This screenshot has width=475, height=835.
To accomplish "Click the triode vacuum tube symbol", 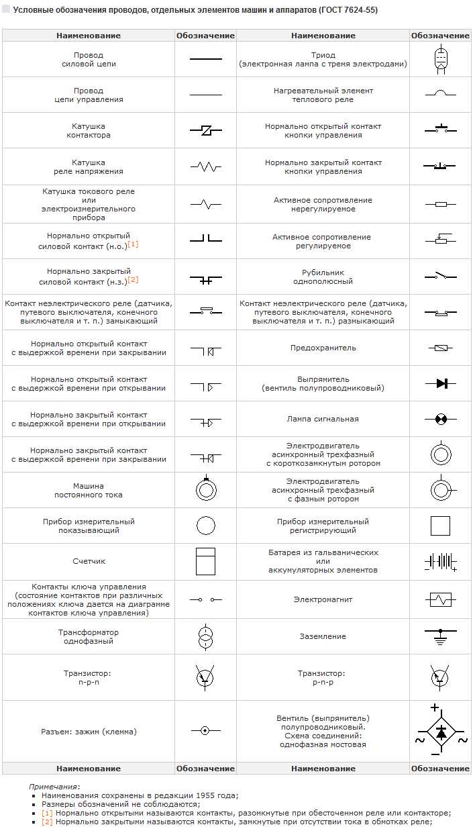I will [440, 58].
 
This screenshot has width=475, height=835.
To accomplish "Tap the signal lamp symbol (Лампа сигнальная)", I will [440, 419].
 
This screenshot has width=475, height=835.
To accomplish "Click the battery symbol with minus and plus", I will [440, 561].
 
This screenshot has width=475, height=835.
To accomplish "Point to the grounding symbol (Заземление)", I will [440, 636].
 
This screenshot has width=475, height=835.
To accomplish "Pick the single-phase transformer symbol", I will [205, 636].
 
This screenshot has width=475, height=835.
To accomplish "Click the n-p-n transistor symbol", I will [205, 677].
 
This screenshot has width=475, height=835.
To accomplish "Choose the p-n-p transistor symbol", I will [440, 677].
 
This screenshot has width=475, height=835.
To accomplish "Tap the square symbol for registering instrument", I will [440, 526].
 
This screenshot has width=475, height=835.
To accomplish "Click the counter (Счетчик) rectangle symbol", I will [205, 561].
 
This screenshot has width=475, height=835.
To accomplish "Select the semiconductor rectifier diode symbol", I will [441, 383].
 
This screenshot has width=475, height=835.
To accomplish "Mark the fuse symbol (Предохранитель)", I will [440, 348].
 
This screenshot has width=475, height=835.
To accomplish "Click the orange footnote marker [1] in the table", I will [133, 244].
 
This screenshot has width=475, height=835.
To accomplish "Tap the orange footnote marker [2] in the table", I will [133, 279].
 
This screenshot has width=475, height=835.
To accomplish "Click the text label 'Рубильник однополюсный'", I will [323, 277].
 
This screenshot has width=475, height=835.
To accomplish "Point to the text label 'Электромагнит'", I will [323, 599].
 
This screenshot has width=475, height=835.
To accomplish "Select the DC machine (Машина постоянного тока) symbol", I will [205, 489].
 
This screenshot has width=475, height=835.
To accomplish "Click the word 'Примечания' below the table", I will [54, 786].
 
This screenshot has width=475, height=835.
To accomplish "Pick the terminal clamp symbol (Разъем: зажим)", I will [205, 730].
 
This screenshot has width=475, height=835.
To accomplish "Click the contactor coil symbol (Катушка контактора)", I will [205, 130].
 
